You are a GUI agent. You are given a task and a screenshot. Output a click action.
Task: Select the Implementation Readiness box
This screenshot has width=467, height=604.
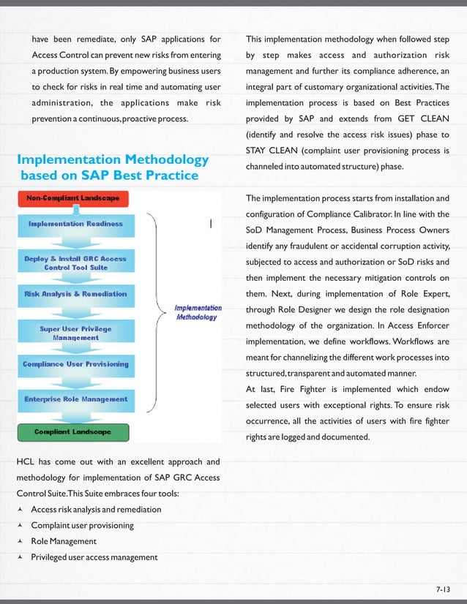click(x=75, y=224)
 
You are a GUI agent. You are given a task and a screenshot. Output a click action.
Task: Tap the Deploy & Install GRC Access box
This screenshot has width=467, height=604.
click(x=75, y=263)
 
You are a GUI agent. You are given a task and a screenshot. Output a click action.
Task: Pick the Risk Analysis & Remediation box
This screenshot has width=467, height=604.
click(x=75, y=294)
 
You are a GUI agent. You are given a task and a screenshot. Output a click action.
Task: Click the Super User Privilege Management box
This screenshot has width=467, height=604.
click(x=75, y=333)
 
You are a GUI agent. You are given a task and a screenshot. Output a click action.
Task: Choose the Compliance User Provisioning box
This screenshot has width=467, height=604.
click(x=75, y=363)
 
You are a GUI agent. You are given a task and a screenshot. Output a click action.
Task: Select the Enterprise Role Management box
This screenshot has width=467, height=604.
click(x=75, y=399)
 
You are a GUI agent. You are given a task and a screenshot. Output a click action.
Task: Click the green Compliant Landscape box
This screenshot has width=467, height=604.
click(x=72, y=432)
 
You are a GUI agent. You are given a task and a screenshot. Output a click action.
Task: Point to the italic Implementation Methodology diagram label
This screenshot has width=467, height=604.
click(x=197, y=312)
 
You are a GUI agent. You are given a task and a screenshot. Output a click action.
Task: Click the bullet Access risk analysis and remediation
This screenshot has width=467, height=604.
click(x=96, y=509)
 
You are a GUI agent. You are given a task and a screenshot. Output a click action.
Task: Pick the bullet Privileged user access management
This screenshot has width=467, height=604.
click(x=94, y=557)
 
